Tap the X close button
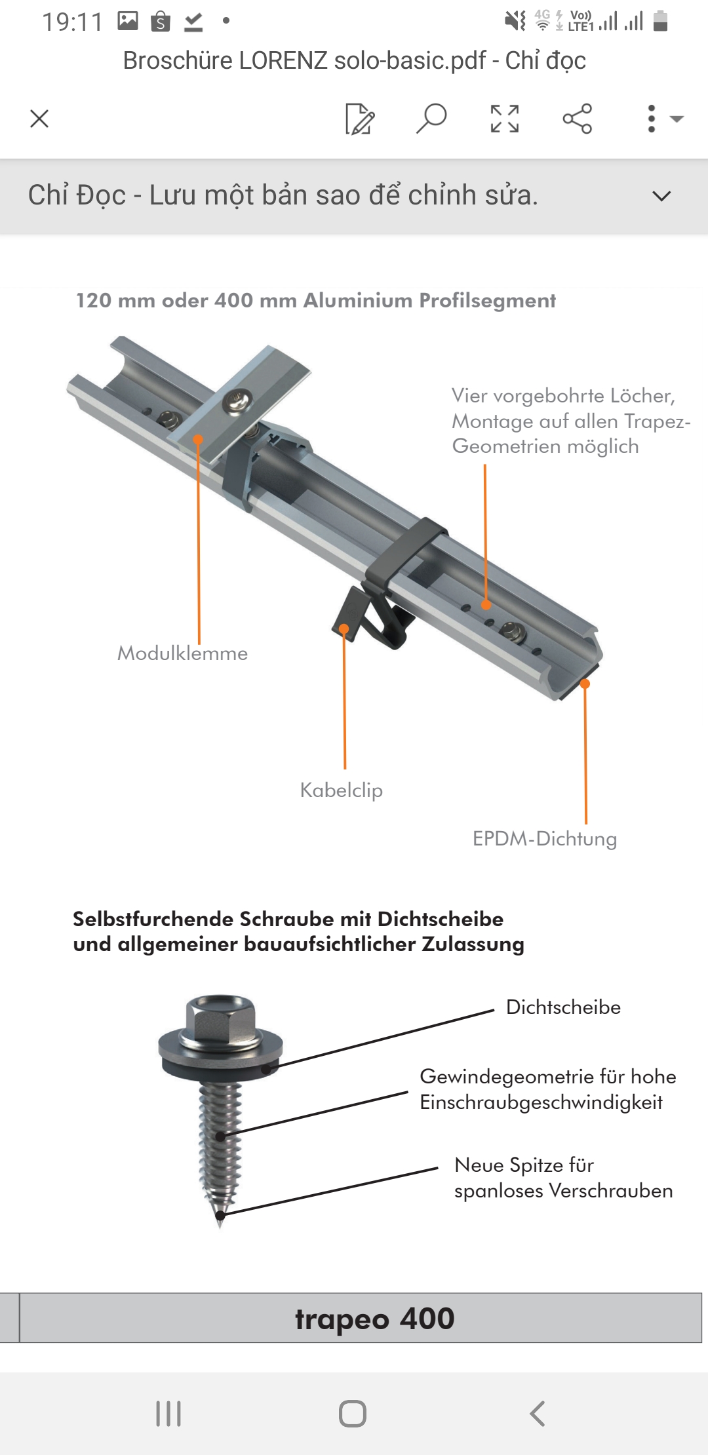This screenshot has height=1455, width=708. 39,119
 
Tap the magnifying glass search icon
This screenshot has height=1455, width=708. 431,119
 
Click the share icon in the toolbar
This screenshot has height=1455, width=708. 577,119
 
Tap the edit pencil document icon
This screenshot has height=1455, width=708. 360,119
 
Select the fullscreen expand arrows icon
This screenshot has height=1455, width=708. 505,119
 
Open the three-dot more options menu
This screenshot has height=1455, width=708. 651,119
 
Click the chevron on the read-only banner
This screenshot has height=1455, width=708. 662,195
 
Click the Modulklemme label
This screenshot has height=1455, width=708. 182,653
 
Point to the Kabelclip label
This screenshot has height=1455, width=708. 341,790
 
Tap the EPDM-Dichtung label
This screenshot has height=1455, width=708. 545,839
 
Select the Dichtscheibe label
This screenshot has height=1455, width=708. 563,1007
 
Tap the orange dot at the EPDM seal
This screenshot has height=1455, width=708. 585,684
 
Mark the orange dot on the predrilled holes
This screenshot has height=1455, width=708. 486,605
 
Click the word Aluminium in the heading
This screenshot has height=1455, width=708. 357,300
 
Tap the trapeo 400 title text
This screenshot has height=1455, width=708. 374,1318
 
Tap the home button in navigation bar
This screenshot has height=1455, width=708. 353,1414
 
